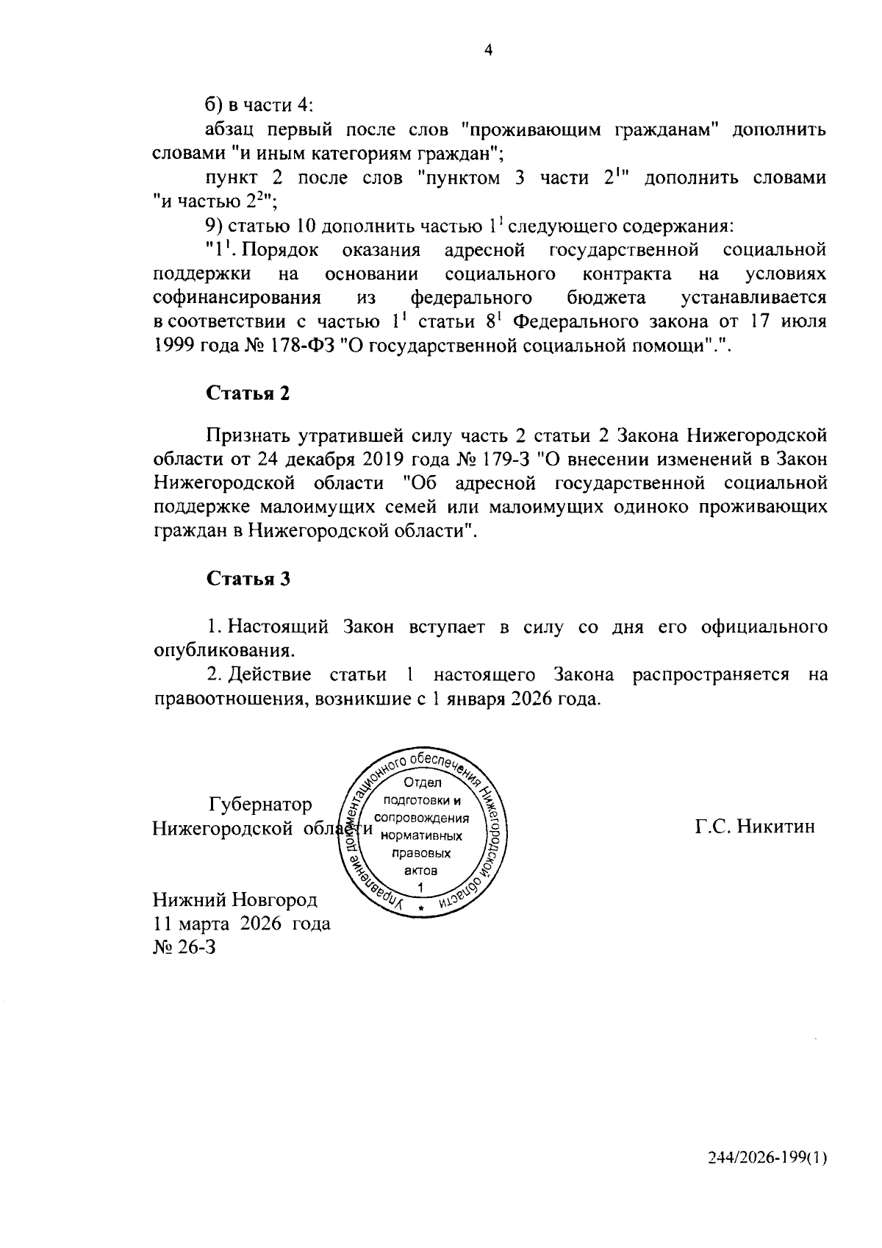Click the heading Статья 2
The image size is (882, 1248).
[248, 393]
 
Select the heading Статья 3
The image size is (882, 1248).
[248, 578]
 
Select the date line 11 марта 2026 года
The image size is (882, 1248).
[241, 923]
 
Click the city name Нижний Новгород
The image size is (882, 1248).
[234, 899]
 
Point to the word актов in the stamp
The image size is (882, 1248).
[421, 870]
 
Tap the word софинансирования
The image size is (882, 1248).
[237, 298]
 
